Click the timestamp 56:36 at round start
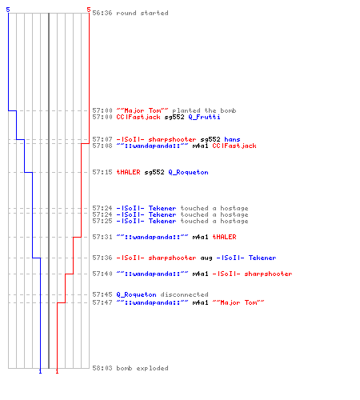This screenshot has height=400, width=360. tap(102, 13)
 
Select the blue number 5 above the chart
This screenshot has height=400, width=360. tap(8, 10)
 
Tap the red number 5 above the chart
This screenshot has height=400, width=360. tap(89, 10)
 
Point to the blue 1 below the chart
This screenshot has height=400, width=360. tap(40, 371)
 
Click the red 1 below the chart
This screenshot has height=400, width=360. tap(57, 371)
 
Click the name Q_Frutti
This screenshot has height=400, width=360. tap(204, 117)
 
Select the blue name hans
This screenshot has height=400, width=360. tap(232, 139)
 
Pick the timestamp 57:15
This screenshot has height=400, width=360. tap(102, 172)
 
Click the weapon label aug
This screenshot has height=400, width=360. tap(206, 258)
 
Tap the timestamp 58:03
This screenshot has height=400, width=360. tap(102, 368)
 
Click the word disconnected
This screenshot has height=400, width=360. tap(184, 294)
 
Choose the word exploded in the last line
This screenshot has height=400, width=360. tap(152, 368)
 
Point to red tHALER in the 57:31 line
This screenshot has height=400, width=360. tap(224, 237)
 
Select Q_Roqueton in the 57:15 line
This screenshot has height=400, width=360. tap(188, 172)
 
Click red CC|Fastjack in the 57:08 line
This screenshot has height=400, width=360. tap(234, 146)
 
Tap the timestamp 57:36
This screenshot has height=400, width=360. tap(102, 258)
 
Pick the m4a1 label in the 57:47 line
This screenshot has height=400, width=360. tap(200, 302)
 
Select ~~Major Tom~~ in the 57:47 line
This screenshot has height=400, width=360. tap(238, 302)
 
